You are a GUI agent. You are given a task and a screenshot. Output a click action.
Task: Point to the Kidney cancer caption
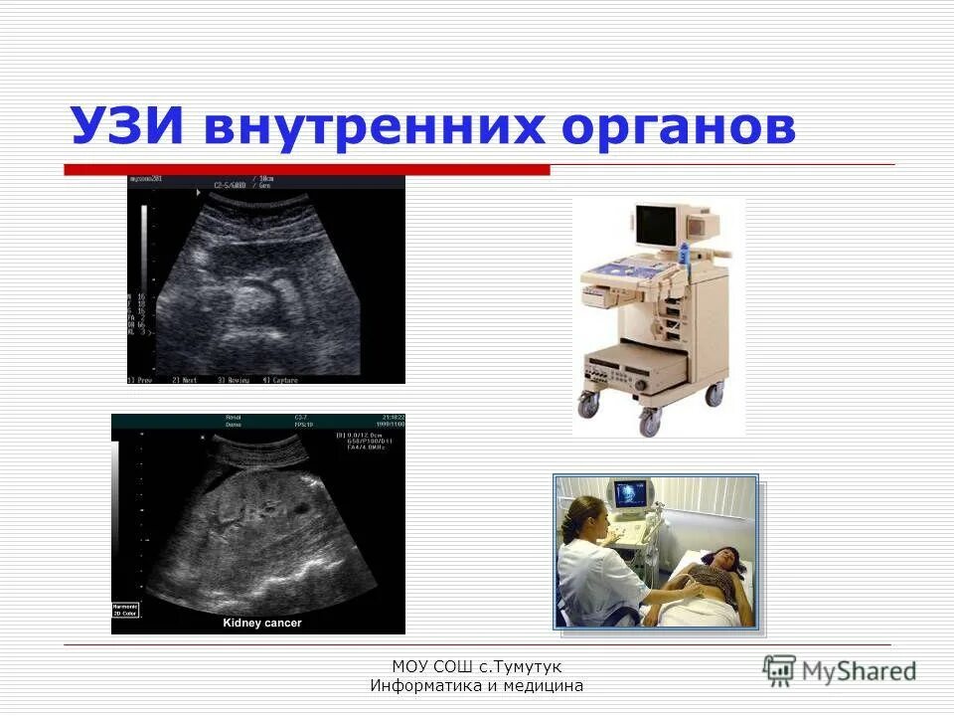[261, 624]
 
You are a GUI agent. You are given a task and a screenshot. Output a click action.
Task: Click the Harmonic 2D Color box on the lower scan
[126, 609]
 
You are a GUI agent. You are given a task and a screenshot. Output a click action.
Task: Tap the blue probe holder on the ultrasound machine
[685, 257]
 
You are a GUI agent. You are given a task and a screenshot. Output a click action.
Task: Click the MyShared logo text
[859, 671]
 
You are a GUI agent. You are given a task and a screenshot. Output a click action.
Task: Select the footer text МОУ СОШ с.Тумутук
[476, 667]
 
